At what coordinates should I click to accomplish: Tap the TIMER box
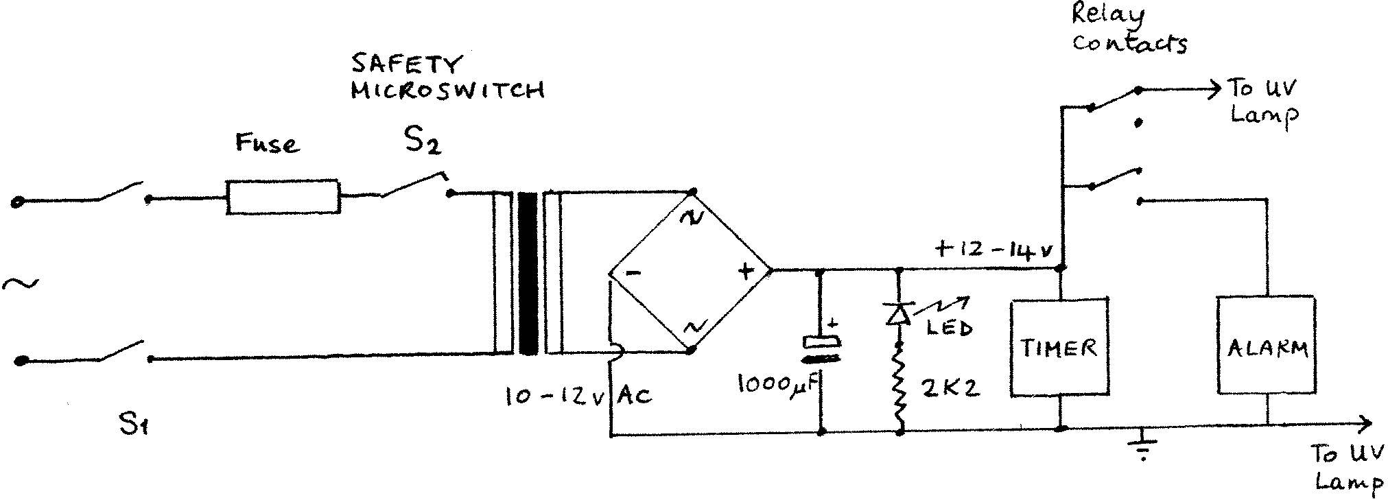click(1059, 347)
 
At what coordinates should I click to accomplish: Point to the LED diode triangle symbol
click(899, 314)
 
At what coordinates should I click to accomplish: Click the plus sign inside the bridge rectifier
click(745, 272)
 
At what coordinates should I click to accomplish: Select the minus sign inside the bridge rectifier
click(633, 272)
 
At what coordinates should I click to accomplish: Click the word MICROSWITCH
click(447, 91)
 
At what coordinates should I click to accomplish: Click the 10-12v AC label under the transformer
click(578, 396)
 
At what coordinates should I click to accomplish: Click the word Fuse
click(267, 143)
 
